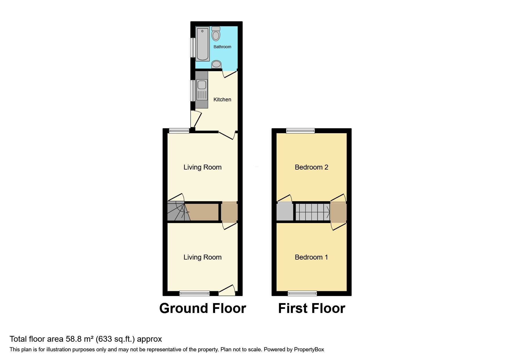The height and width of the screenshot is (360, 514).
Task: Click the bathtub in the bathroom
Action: click(202, 44)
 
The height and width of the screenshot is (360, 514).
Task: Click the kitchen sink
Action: click(202, 85)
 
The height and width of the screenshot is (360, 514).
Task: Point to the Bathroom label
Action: click(222, 47)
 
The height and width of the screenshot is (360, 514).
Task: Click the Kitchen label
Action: click(222, 100)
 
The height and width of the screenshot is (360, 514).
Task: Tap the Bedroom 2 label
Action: click(311, 167)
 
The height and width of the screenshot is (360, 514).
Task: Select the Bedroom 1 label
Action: click(311, 257)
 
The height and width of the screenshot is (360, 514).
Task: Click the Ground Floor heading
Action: click(203, 308)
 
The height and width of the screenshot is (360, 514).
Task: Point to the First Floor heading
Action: click(312, 308)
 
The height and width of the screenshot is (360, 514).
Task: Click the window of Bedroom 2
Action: click(300, 131)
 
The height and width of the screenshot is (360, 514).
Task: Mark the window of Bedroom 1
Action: click(302, 293)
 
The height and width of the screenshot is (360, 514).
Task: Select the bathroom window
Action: click(192, 47)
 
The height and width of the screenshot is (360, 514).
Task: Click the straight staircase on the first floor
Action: click(312, 212)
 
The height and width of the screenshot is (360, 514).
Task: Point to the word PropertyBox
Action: click(309, 350)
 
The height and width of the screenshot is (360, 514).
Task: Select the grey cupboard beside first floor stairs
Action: click(285, 212)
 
